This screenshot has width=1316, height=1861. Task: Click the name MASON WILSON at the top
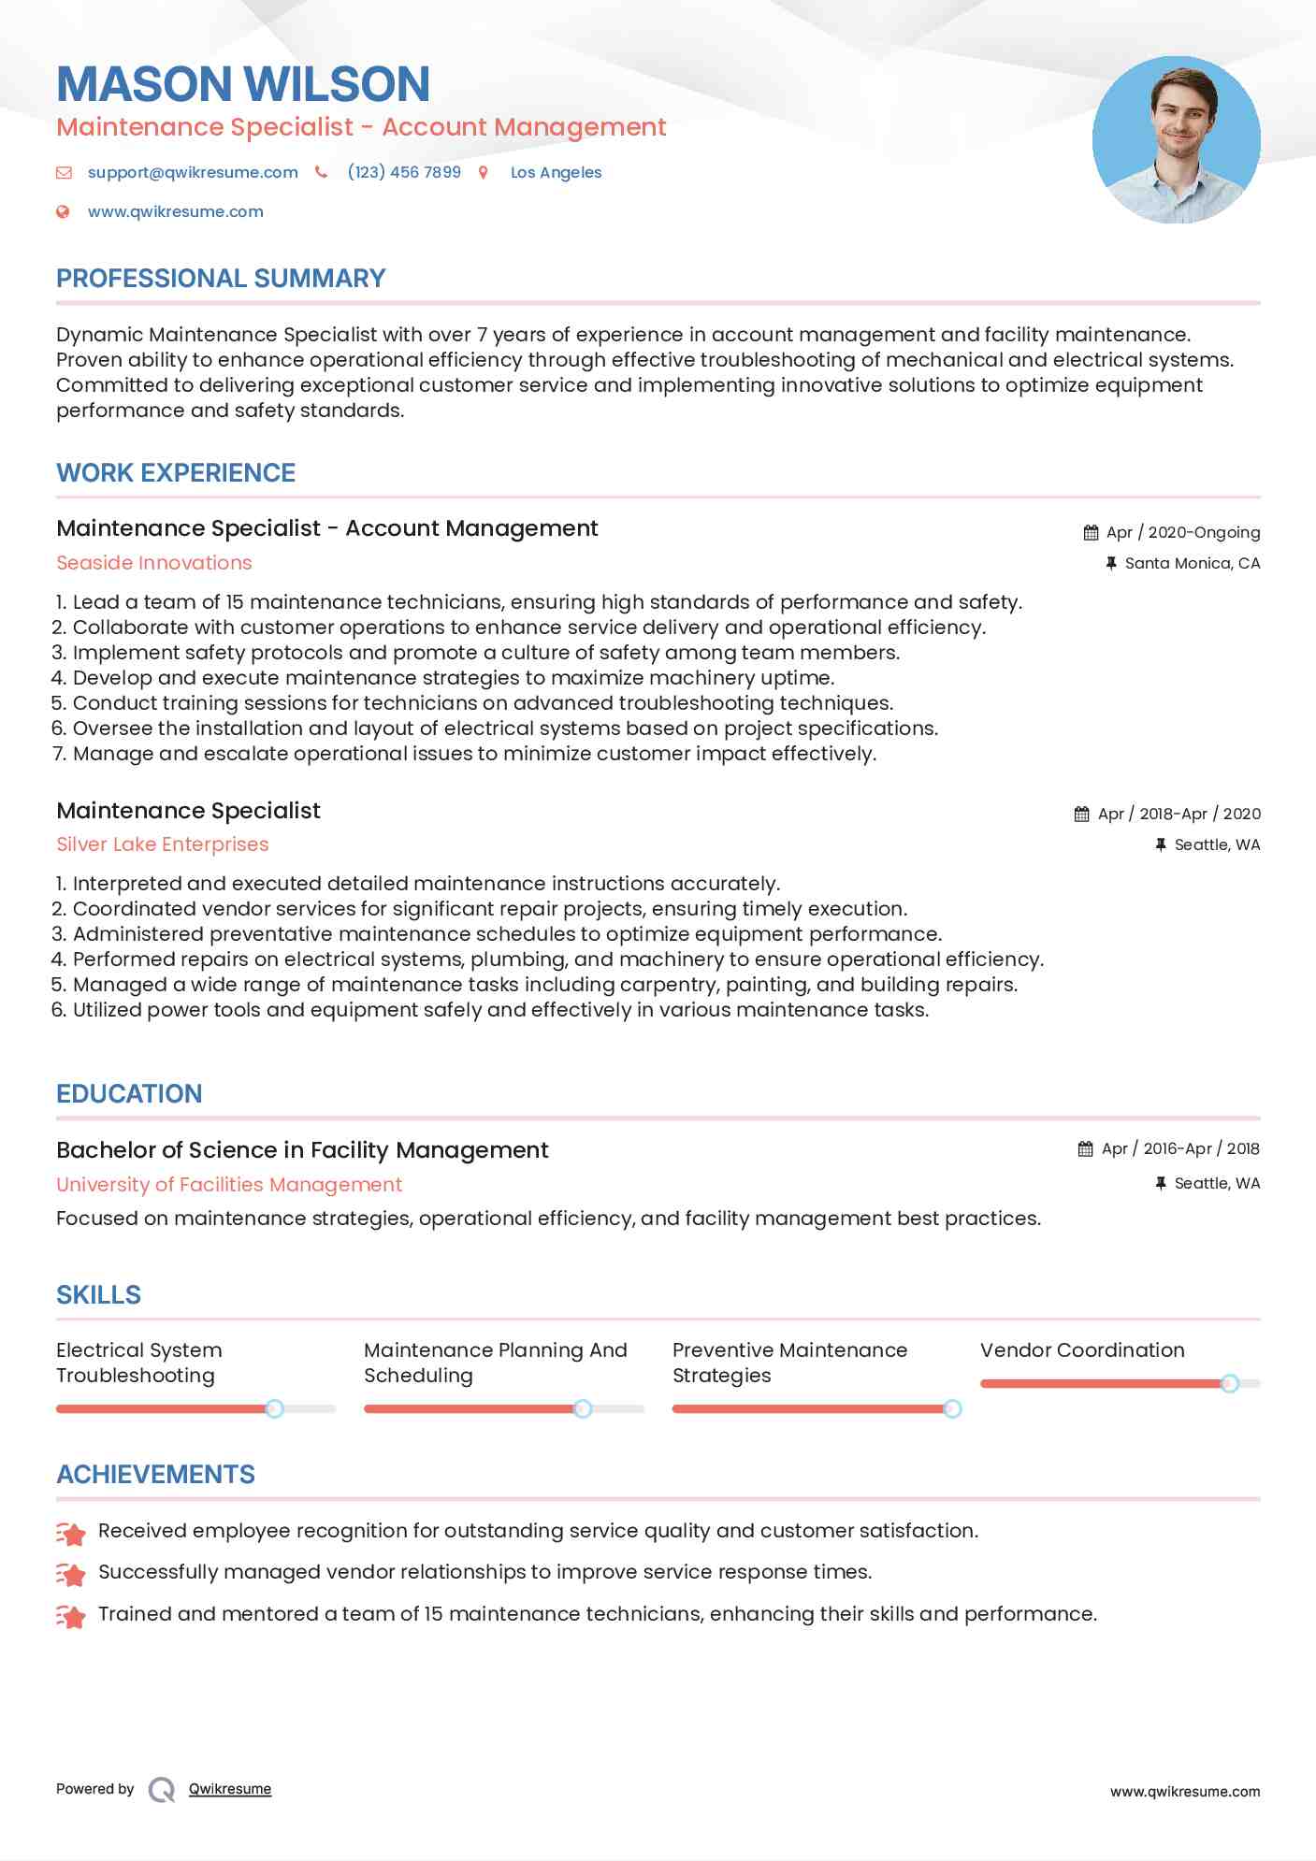click(x=243, y=84)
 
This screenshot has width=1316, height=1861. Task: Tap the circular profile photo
click(x=1176, y=140)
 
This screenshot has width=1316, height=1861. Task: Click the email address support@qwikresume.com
click(x=193, y=172)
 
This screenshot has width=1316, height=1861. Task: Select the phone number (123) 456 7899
click(x=404, y=172)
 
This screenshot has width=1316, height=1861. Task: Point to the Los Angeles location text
click(x=556, y=172)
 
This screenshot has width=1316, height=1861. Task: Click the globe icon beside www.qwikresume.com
click(x=63, y=212)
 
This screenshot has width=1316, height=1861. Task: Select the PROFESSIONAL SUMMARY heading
click(x=221, y=279)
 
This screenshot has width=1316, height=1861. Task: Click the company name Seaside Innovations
click(x=154, y=563)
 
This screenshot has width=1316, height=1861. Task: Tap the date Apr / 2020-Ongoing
click(x=1182, y=533)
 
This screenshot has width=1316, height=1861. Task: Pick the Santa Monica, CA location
click(x=1192, y=563)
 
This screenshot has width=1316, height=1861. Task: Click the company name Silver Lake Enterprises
click(x=163, y=844)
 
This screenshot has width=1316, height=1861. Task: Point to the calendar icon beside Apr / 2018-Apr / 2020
click(x=1081, y=815)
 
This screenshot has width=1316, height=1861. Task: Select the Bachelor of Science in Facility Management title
click(x=302, y=1150)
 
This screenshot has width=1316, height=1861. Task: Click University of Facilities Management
click(x=229, y=1185)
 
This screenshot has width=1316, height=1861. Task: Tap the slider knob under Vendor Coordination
click(x=1230, y=1383)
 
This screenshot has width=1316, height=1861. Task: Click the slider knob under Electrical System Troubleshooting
click(x=274, y=1408)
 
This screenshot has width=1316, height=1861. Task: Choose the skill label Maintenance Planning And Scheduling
click(x=495, y=1363)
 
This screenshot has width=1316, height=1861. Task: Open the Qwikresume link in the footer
click(x=230, y=1789)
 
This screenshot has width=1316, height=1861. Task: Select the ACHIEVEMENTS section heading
click(x=155, y=1475)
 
